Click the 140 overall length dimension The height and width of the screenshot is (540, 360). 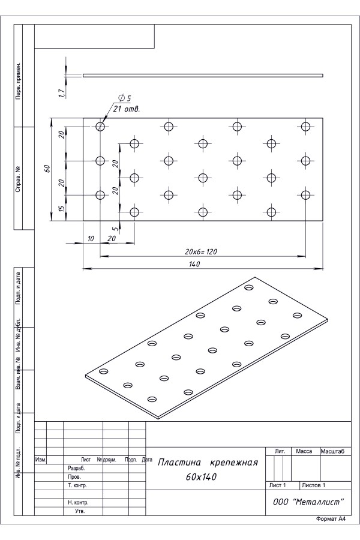pos(194,264)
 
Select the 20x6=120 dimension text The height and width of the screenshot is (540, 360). pos(201,252)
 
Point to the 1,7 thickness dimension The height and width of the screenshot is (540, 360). pos(62,92)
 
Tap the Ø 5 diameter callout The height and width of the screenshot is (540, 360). pos(124,98)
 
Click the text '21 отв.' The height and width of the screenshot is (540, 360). pos(127,109)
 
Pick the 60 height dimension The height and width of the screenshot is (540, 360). pos(47,169)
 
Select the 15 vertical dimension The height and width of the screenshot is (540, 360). pos(62,208)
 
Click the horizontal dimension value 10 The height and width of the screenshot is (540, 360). pos(91,238)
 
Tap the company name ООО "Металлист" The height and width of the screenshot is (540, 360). pos(308,502)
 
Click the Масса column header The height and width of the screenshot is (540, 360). pos(304,451)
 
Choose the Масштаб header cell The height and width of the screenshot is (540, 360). pos(332,451)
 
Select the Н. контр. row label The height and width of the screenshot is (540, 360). pos(78,502)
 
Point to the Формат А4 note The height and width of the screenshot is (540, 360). pos(331,529)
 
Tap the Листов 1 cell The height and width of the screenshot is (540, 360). pos(313,485)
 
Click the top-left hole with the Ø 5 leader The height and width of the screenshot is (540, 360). pos(100,127)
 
